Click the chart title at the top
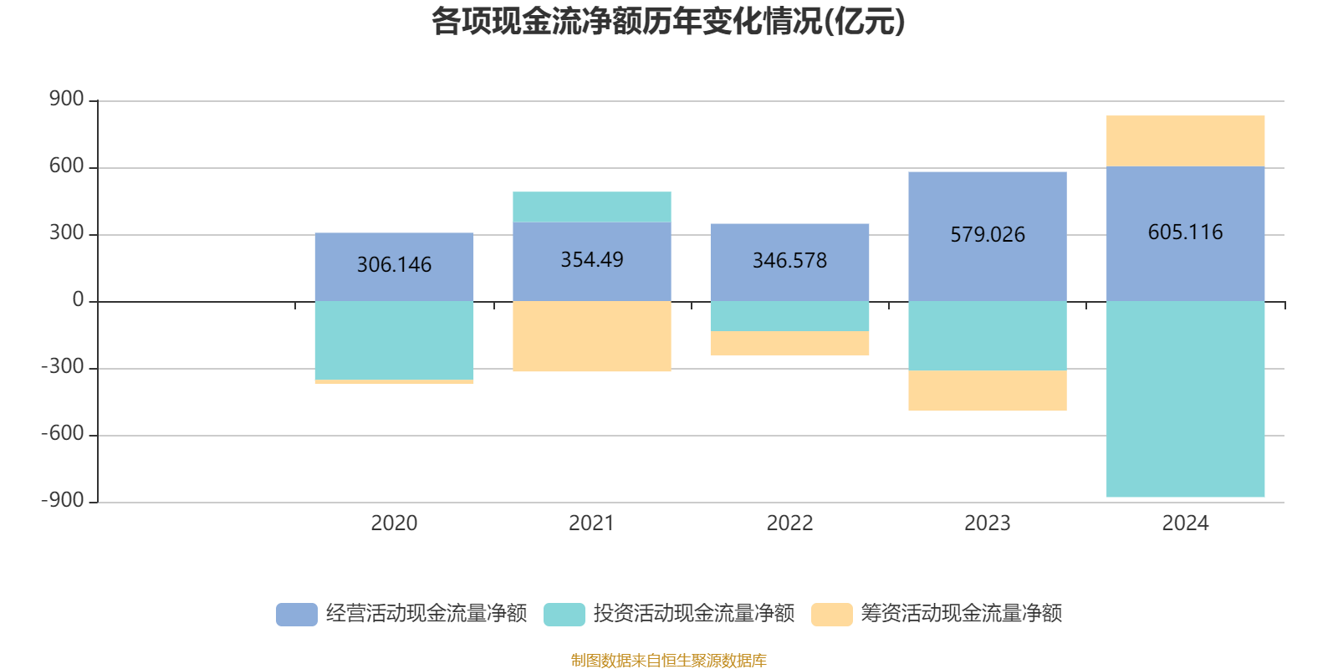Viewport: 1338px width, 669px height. (668, 22)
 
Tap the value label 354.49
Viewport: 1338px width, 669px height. (592, 260)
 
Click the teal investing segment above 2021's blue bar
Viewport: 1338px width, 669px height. (592, 207)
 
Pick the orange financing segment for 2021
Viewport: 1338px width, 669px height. (592, 336)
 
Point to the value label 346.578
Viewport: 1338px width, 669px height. (789, 261)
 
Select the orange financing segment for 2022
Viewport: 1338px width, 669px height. (789, 343)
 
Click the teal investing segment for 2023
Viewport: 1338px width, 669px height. (987, 335)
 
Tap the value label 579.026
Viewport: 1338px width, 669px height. (987, 235)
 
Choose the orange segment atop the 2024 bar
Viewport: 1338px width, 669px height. (1185, 140)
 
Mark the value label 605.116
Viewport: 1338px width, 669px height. (1185, 232)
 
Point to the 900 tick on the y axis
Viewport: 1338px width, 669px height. (67, 100)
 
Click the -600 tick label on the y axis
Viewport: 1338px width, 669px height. (64, 434)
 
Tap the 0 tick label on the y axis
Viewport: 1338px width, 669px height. (78, 300)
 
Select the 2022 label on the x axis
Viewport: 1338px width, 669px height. (789, 523)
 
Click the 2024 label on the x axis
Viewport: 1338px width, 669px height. (1185, 523)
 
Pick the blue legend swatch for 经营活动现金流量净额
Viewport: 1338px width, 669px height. (297, 614)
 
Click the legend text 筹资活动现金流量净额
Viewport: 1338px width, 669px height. (961, 614)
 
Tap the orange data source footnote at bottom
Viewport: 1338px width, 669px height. (668, 661)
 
